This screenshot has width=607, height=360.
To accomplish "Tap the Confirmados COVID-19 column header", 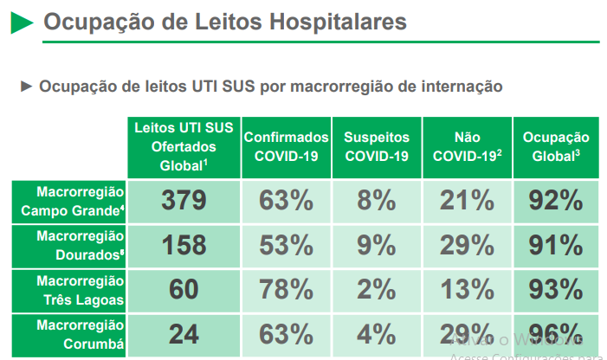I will pyautogui.click(x=287, y=146).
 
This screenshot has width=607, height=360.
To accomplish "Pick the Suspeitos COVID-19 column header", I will pyautogui.click(x=377, y=146).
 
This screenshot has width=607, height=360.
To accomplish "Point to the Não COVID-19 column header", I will pyautogui.click(x=467, y=146).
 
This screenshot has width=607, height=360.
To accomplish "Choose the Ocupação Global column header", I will pyautogui.click(x=556, y=146).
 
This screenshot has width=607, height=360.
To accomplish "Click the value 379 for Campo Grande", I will pyautogui.click(x=184, y=201).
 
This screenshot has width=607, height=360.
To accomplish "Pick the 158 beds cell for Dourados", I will pyautogui.click(x=184, y=245).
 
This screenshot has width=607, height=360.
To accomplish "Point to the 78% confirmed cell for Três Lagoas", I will pyautogui.click(x=287, y=290).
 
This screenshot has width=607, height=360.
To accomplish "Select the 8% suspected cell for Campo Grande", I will pyautogui.click(x=377, y=201).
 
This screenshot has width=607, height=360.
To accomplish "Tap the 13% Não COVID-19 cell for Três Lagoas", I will pyautogui.click(x=467, y=290).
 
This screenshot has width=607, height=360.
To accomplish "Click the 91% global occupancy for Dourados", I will pyautogui.click(x=556, y=245).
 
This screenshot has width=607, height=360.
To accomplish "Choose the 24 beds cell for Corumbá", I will pyautogui.click(x=184, y=334).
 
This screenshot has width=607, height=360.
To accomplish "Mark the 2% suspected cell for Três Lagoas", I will pyautogui.click(x=377, y=290).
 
